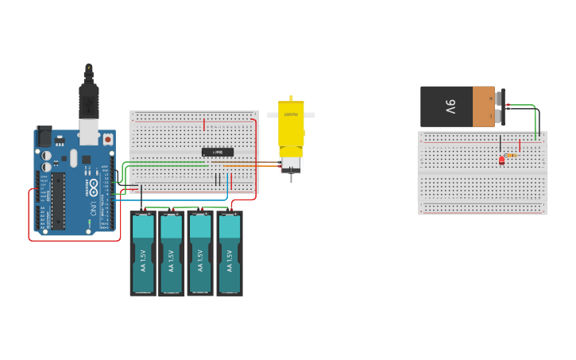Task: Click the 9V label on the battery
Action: (x=450, y=106)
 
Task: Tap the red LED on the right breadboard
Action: (x=501, y=161)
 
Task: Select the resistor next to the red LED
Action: (x=511, y=156)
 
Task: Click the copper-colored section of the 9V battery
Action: (x=483, y=106)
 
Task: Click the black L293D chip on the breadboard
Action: (x=218, y=152)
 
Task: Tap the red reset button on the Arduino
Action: (x=107, y=139)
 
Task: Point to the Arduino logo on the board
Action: (x=93, y=189)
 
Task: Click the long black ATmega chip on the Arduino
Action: (x=58, y=199)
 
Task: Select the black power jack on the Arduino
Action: (x=43, y=136)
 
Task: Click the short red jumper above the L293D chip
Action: (x=204, y=125)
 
